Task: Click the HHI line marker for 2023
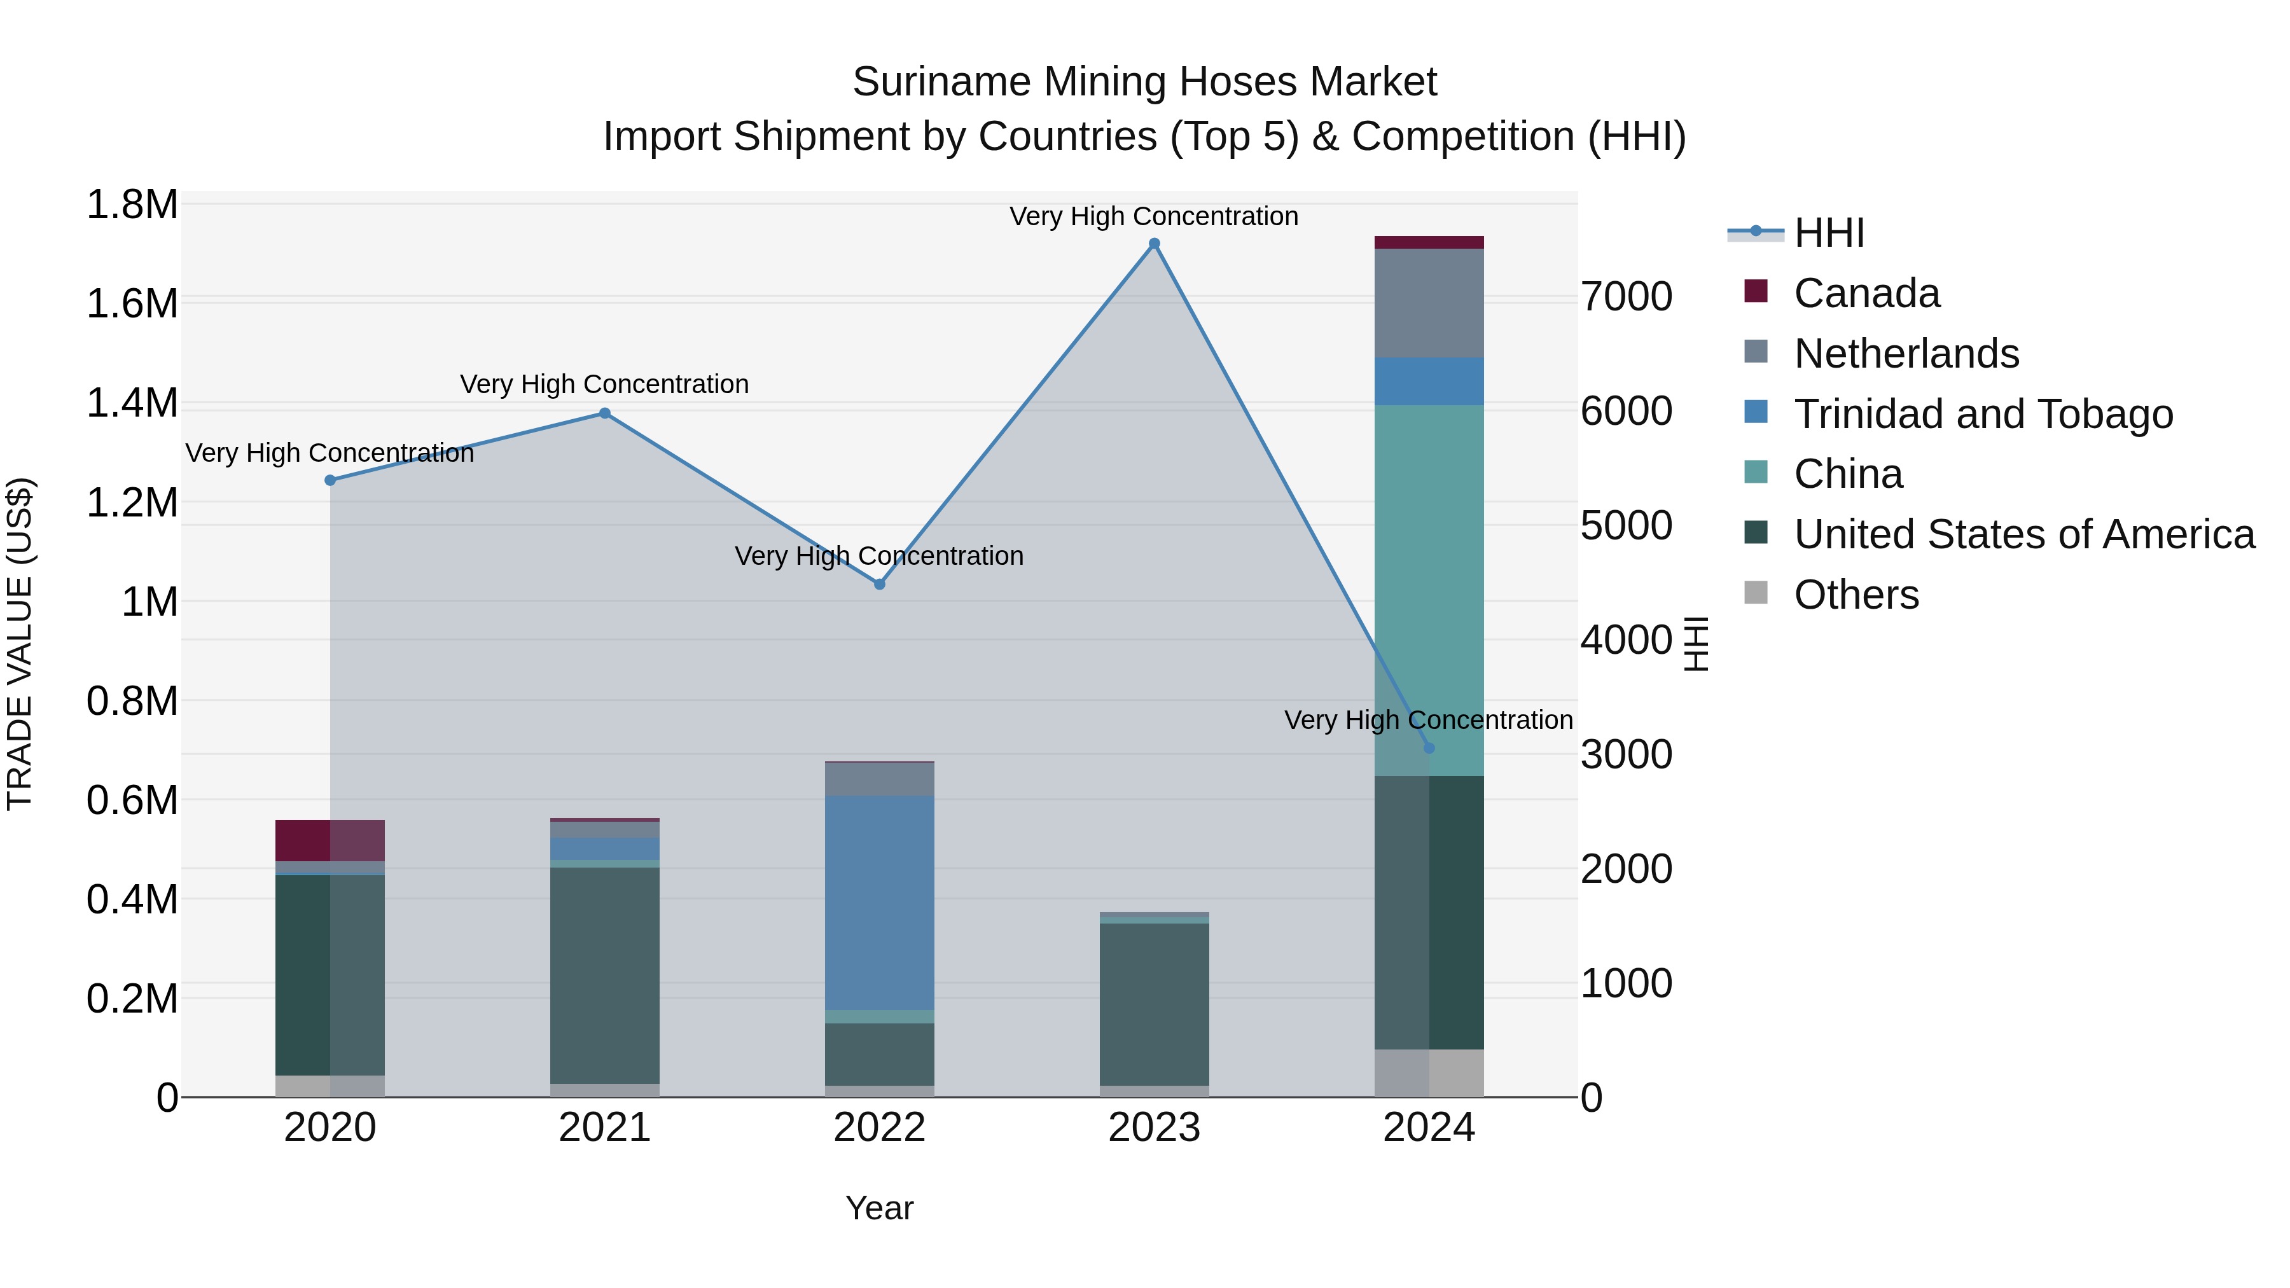(1154, 244)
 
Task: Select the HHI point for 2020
(330, 480)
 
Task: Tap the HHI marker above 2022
(879, 584)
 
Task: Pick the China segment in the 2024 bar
(1429, 590)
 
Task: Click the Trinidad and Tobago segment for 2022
(879, 902)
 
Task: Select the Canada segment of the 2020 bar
(330, 840)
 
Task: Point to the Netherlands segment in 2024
(1429, 303)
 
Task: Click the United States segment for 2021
(604, 975)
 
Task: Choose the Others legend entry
(1856, 595)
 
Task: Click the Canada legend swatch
(1756, 291)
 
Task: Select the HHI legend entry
(1829, 233)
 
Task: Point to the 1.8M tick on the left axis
(132, 204)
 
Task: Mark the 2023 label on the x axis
(1154, 1128)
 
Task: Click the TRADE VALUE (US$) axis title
(20, 644)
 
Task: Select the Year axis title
(879, 1208)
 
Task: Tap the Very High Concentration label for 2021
(604, 384)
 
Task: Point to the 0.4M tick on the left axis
(132, 899)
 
